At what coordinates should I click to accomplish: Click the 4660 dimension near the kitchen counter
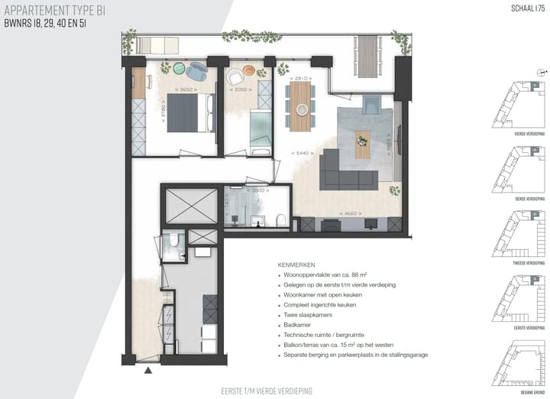point(351,212)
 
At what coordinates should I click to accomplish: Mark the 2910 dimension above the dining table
point(301,78)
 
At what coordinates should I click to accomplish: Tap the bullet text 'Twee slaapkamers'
point(307,314)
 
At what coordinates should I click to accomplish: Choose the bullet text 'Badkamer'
point(298,324)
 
